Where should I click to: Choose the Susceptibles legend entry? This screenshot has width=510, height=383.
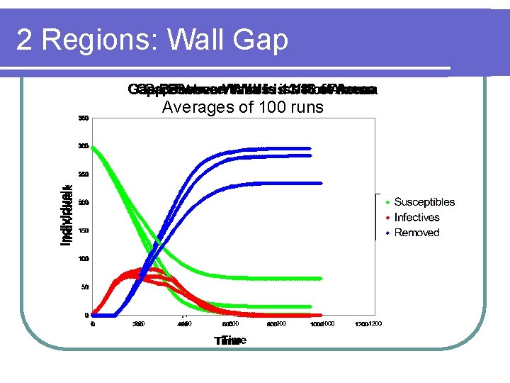[424, 203]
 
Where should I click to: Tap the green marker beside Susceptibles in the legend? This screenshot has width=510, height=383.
[386, 203]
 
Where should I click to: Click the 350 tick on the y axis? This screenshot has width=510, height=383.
[84, 118]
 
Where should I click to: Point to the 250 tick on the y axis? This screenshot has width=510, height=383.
[84, 174]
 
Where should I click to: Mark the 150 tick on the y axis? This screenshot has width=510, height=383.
[84, 231]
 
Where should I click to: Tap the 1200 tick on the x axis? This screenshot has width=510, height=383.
[371, 324]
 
